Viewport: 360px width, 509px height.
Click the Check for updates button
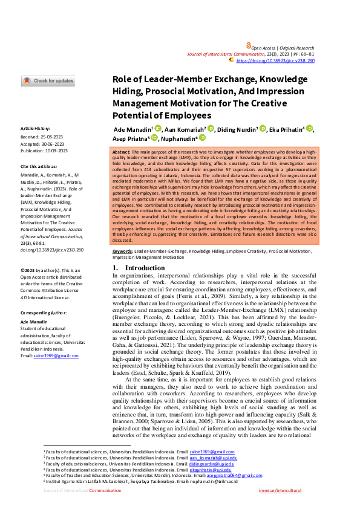pyautogui.click(x=48, y=81)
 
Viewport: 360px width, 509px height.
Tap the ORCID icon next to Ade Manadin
pyautogui.click(x=159, y=129)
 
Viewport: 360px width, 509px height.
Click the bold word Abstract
pyautogui.click(x=122, y=152)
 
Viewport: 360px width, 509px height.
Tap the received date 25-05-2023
pyautogui.click(x=51, y=137)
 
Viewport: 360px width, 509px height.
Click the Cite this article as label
pyautogui.click(x=41, y=166)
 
